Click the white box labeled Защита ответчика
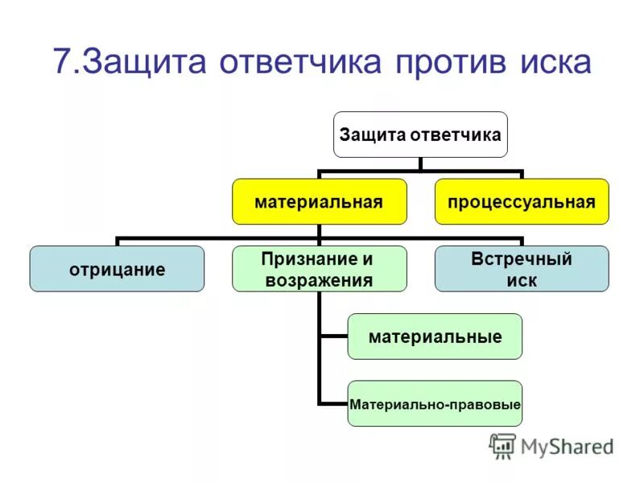click(420, 134)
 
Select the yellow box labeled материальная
click(319, 201)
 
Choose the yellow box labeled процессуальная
click(522, 201)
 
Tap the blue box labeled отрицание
click(117, 269)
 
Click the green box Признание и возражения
click(319, 269)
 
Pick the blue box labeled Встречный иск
click(522, 269)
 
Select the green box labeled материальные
click(435, 336)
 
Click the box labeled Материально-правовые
click(435, 403)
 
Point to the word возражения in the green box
click(319, 280)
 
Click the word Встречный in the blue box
click(522, 259)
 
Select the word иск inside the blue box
click(522, 280)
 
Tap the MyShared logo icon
click(502, 446)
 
